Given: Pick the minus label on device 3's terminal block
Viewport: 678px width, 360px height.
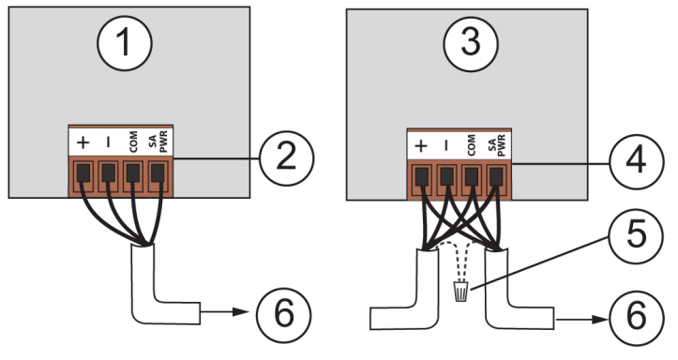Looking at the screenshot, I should tap(445, 146).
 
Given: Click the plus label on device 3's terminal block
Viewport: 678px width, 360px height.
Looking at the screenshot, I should tap(421, 146).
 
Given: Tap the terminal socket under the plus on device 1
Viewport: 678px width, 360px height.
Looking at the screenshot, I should tap(83, 172).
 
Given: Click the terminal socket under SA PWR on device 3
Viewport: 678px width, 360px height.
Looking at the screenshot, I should tap(496, 173).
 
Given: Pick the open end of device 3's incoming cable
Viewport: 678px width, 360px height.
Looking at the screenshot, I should tap(373, 319).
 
